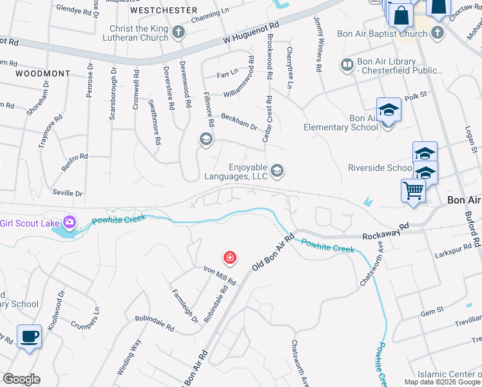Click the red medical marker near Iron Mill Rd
click(x=229, y=259)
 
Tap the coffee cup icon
click(x=29, y=337)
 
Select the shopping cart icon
click(x=412, y=190)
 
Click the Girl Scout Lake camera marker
click(x=69, y=223)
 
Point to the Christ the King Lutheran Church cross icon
click(x=178, y=32)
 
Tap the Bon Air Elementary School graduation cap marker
click(x=389, y=110)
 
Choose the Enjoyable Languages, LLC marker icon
click(x=277, y=170)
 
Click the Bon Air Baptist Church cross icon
click(x=437, y=32)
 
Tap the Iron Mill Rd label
click(x=220, y=275)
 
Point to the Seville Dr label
click(x=69, y=193)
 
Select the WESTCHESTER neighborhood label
click(x=163, y=11)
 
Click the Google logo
click(x=21, y=379)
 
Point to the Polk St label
click(x=416, y=95)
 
